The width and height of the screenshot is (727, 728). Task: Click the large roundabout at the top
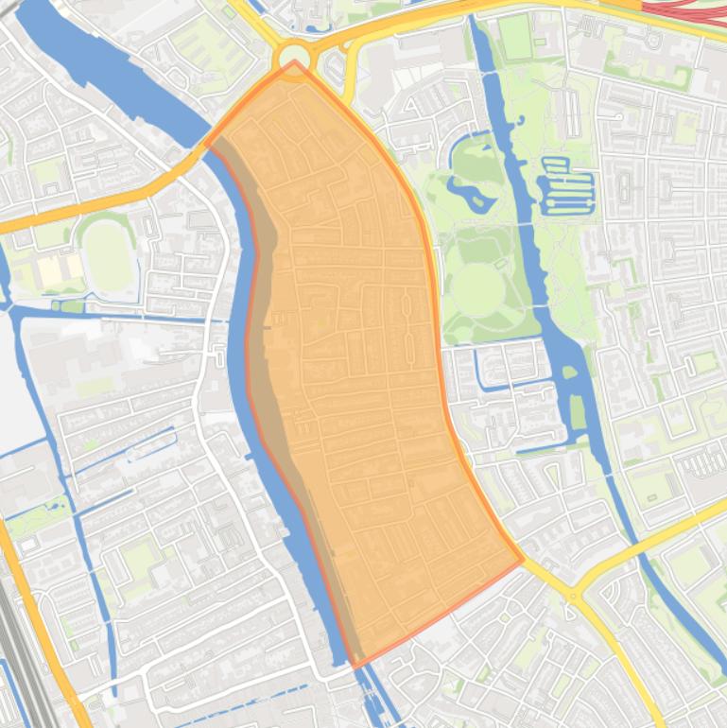point(294,58)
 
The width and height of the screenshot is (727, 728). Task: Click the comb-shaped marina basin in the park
point(566,184)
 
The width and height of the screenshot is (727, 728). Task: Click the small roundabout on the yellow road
point(572,596)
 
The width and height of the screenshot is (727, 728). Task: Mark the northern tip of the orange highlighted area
point(295,63)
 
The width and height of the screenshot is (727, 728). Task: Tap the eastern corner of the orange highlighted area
point(522,559)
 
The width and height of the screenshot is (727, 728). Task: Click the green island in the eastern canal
point(578,412)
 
